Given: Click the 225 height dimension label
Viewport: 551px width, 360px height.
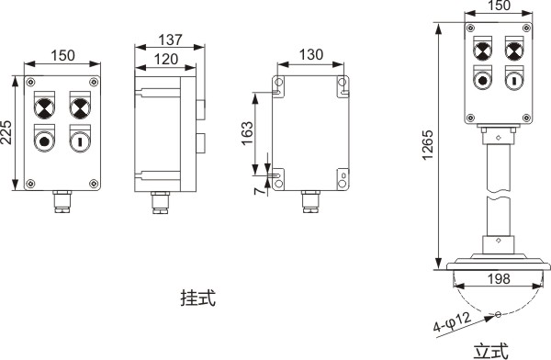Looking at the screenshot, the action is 6,132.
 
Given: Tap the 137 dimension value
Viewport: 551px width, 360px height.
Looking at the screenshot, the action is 171,39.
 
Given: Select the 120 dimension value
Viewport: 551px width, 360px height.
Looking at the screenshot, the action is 166,59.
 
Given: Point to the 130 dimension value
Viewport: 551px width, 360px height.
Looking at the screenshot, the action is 311,55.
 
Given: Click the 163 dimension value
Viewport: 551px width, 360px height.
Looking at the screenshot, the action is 247,133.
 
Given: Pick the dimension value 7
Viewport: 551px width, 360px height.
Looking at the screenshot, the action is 259,190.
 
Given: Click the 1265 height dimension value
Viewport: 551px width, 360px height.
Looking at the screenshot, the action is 428,145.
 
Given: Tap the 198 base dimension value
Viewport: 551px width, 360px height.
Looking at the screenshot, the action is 499,279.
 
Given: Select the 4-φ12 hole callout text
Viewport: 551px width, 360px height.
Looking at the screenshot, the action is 452,322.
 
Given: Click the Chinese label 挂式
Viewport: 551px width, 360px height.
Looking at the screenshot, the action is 197,298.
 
